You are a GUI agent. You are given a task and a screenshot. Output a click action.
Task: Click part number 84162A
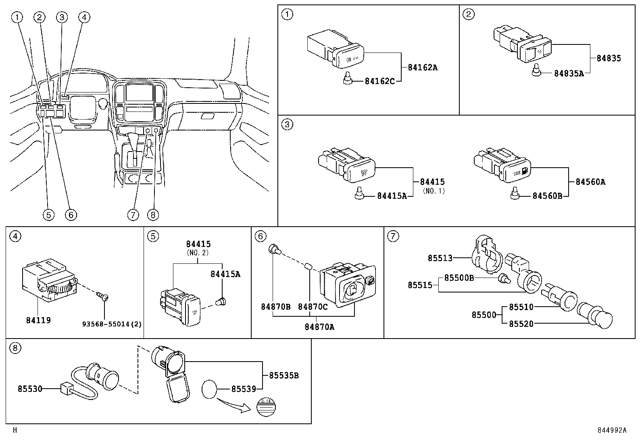422,67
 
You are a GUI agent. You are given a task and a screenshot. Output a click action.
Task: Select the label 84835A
569,73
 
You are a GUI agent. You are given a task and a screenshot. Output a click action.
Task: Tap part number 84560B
547,196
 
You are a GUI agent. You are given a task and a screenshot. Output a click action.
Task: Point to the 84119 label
38,320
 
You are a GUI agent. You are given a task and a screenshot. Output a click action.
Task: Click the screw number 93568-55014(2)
112,324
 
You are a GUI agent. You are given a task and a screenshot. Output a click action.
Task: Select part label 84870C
313,307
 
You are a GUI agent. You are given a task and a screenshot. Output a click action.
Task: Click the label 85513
440,258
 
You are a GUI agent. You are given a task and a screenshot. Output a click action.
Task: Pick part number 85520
521,324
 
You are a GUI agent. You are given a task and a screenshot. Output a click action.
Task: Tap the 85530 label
30,389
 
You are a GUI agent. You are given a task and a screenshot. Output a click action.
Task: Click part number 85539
244,389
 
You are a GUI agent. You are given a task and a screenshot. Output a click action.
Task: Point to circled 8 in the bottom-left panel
15,348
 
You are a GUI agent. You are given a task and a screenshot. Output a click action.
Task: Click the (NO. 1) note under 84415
434,191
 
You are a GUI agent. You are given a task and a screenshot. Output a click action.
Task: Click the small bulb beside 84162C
347,80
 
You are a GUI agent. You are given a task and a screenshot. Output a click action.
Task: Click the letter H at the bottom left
15,430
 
